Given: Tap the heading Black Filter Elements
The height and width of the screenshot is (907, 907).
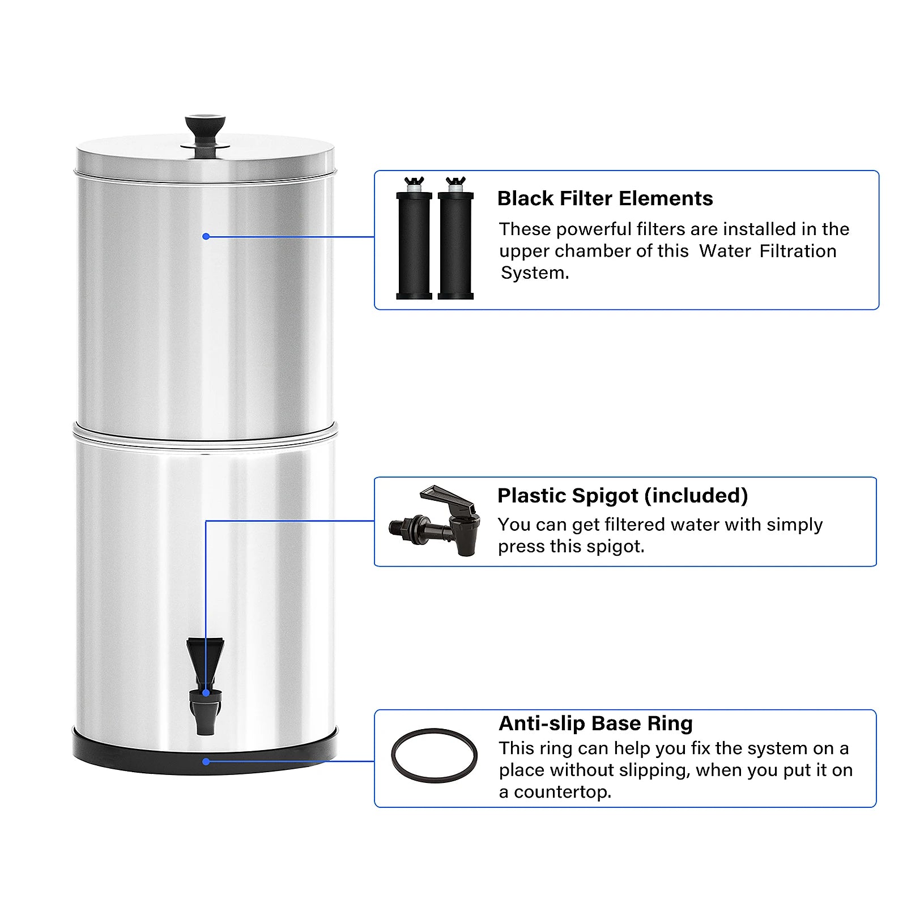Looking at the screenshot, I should pos(604,198).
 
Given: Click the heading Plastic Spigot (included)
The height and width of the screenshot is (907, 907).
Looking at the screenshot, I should pos(622,495).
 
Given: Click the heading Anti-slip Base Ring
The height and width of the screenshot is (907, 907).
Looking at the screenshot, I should pos(595,723).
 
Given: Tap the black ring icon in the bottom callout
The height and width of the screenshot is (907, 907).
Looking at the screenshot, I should pos(434,756).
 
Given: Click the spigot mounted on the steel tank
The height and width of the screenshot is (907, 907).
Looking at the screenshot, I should pos(205,685).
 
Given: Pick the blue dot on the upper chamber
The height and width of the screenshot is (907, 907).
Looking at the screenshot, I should pos(206,236).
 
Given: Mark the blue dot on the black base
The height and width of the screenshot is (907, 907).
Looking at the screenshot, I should pos(206,761).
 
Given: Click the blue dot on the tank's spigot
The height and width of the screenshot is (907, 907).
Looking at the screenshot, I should pos(206,693).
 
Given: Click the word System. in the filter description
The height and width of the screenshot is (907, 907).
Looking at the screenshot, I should pos(535,273).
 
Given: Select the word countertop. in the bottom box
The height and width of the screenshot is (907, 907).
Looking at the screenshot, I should pos(562,792).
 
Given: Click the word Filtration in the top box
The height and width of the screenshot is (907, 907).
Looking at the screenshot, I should pos(798,251).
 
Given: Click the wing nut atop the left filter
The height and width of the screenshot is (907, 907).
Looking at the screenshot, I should pos(414,182).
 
